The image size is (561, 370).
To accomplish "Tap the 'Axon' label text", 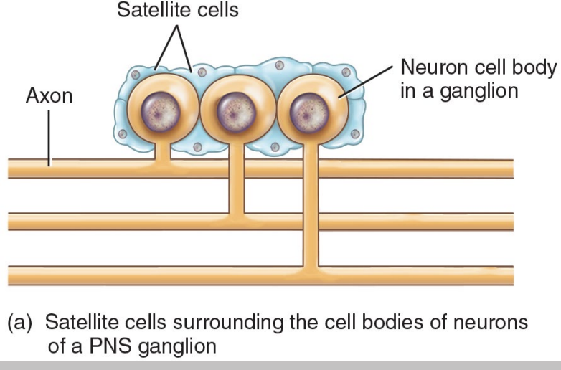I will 49,95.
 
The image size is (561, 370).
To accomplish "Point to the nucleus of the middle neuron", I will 236,113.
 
